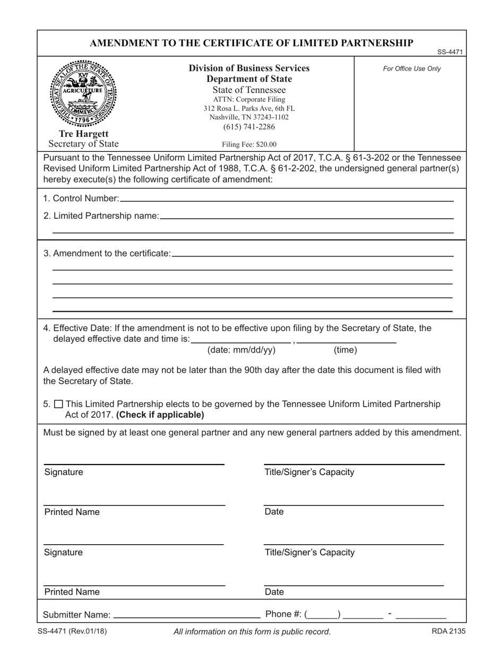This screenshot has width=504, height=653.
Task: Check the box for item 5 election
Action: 58,404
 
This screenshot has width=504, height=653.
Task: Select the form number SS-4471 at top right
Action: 450,52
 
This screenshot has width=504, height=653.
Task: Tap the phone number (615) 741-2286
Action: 249,127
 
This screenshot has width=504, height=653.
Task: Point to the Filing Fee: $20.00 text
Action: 249,144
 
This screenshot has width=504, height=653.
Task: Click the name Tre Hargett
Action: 84,134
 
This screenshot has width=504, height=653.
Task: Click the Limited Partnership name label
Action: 101,216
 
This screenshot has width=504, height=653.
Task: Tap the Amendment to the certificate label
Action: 107,253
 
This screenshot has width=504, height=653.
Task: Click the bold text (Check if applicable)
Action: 160,415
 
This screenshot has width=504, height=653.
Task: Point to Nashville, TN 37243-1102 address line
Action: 249,117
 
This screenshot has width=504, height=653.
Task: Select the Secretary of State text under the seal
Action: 84,143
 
